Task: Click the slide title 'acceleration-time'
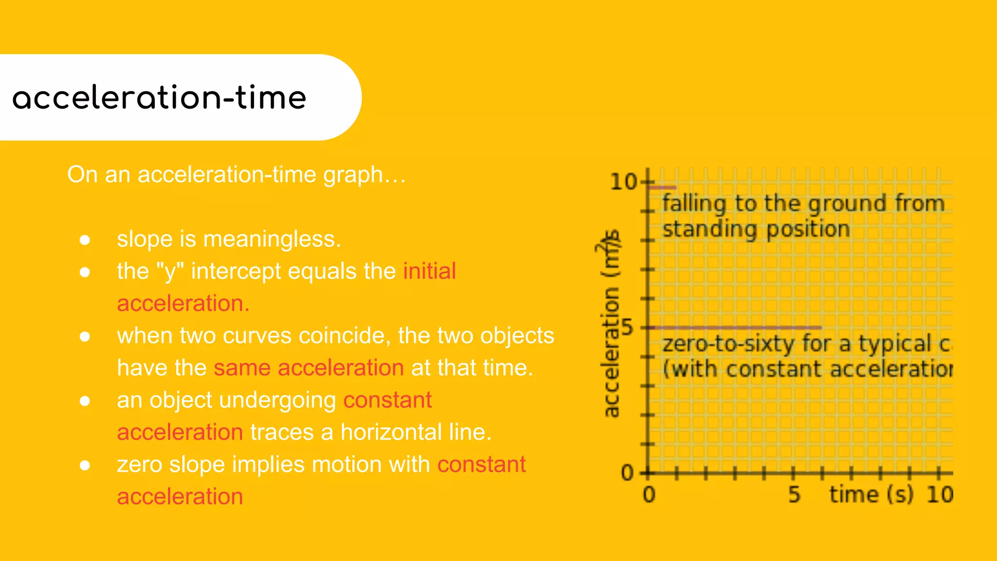(159, 97)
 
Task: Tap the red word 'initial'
(429, 271)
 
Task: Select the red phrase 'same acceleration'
(309, 368)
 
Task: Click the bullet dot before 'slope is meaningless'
(85, 240)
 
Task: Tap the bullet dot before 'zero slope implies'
(85, 466)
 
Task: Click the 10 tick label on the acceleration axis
(624, 182)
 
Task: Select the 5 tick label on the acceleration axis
(628, 327)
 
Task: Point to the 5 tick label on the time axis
(794, 495)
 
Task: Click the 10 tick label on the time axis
(939, 495)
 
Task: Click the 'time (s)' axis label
(871, 495)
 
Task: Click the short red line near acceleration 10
(662, 187)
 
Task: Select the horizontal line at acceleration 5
(735, 328)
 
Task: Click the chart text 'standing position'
(756, 229)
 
